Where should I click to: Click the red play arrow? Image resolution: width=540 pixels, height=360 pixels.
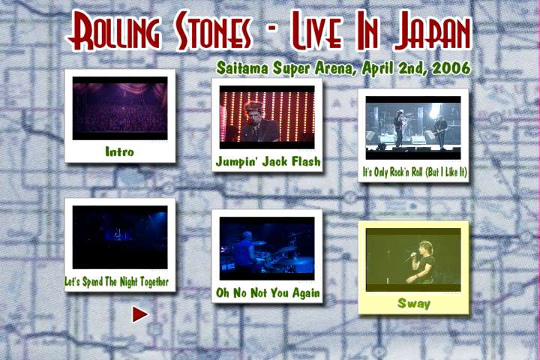pos(139,314)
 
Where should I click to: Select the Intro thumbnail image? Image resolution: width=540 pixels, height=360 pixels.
pos(120,108)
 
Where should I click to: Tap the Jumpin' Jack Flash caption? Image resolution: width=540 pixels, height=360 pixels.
pos(268,161)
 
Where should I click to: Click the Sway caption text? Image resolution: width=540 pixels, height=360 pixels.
pos(413,304)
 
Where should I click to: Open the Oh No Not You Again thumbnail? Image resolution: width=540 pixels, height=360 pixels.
pos(267,248)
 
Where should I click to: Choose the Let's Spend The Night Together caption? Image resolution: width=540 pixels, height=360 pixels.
pos(117,282)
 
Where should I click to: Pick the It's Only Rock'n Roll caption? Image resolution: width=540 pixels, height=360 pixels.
pos(415,172)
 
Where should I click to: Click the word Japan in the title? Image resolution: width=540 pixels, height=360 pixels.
pos(433,31)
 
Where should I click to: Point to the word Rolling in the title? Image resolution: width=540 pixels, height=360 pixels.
pos(114,31)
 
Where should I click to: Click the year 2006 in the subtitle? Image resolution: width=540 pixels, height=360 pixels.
pos(451,68)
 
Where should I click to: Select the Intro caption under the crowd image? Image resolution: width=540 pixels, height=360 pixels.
pos(119,151)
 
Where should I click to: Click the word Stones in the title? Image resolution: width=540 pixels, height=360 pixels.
pos(214,31)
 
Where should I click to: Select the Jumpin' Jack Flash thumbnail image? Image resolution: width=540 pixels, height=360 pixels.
pos(267,118)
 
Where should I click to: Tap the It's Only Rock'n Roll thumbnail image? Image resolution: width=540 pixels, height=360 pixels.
pos(413,127)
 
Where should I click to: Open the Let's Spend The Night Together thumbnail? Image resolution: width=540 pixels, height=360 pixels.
pos(120,237)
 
